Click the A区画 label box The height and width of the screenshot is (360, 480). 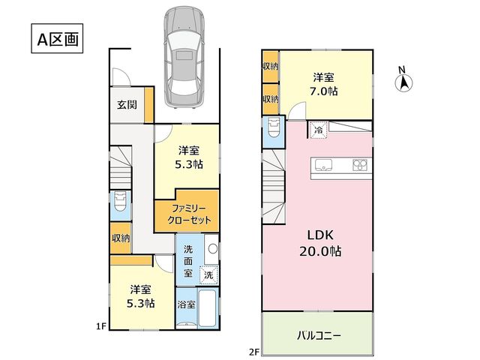[x=57, y=38]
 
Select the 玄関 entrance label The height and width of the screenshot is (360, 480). [x=127, y=105]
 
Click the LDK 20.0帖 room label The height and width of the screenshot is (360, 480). [x=320, y=243]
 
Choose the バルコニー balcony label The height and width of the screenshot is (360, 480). [x=319, y=336]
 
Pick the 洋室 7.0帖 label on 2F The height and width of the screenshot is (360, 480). [x=323, y=84]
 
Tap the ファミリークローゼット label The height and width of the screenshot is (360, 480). [x=189, y=214]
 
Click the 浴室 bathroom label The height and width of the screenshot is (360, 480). [x=187, y=304]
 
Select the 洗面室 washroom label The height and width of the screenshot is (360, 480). [x=188, y=261]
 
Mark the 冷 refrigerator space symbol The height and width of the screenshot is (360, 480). [x=319, y=130]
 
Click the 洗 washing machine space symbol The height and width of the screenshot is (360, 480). [x=208, y=274]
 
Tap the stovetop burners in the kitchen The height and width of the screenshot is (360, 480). [x=360, y=165]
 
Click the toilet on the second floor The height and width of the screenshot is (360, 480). [x=273, y=128]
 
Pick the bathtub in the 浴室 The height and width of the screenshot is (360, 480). [x=208, y=308]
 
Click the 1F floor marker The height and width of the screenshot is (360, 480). [x=101, y=327]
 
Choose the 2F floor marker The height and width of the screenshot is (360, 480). [x=254, y=352]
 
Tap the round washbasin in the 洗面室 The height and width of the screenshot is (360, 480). [x=213, y=249]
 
